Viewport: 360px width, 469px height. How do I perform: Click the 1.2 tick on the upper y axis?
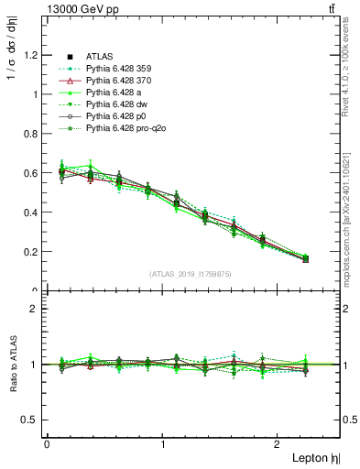(x=32, y=55)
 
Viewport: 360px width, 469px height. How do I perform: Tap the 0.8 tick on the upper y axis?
(x=32, y=134)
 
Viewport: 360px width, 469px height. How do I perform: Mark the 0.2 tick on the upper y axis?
(x=32, y=252)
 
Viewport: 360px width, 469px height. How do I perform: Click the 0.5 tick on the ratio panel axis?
(x=32, y=420)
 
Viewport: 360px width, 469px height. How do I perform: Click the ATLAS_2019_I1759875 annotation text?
(x=191, y=274)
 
